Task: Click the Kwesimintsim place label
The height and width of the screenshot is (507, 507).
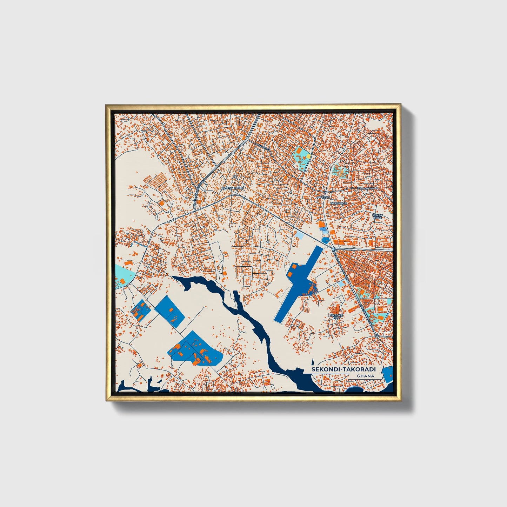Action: [x=232, y=188]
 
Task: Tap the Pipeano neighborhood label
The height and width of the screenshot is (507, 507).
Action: [x=323, y=198]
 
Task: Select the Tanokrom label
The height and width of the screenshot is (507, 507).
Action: [x=338, y=203]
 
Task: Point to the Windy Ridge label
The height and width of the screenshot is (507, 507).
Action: [x=377, y=216]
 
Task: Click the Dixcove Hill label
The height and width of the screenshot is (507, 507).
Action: [x=336, y=316]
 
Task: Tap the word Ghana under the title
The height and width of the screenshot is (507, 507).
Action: [x=365, y=376]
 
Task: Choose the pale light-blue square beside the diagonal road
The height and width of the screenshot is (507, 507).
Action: [x=301, y=236]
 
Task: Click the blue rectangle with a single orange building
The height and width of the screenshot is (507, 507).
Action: [x=170, y=309]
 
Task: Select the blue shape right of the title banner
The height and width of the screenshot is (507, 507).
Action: [x=388, y=374]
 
